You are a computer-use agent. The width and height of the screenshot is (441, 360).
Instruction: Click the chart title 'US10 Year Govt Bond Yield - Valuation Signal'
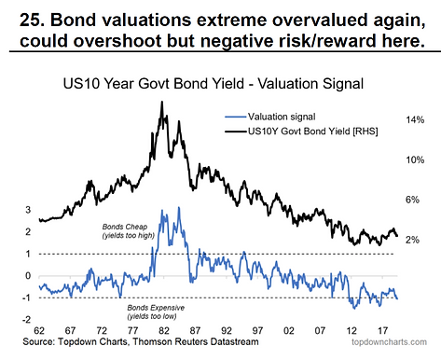pyautogui.click(x=214, y=84)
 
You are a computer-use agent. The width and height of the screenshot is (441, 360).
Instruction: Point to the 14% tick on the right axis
pyautogui.click(x=415, y=119)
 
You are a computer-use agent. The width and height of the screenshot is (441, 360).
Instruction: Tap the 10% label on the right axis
pyautogui.click(x=415, y=159)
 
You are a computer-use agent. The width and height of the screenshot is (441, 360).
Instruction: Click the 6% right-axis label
pyautogui.click(x=412, y=200)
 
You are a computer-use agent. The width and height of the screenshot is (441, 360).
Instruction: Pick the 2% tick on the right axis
pyautogui.click(x=412, y=240)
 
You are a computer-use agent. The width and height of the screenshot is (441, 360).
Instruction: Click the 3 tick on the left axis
pyautogui.click(x=28, y=210)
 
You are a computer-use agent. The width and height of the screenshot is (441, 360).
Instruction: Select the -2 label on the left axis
pyautogui.click(x=26, y=320)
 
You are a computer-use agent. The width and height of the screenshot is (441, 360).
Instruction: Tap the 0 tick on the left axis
pyautogui.click(x=28, y=276)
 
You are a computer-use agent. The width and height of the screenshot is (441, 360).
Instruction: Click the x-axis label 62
pyautogui.click(x=39, y=330)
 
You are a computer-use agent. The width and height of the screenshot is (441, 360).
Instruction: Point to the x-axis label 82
pyautogui.click(x=164, y=330)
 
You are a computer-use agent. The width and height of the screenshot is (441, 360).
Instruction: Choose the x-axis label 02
pyautogui.click(x=289, y=330)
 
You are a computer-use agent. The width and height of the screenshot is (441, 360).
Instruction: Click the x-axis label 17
pyautogui.click(x=382, y=330)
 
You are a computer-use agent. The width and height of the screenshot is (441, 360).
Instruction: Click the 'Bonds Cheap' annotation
pyautogui.click(x=125, y=227)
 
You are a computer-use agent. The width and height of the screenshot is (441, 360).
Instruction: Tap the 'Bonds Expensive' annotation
pyautogui.click(x=156, y=308)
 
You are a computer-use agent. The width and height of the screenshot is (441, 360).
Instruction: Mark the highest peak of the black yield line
pyautogui.click(x=161, y=102)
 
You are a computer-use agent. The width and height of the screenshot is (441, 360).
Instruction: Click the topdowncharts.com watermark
pyautogui.click(x=389, y=342)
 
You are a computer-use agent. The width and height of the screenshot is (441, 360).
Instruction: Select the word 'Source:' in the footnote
pyautogui.click(x=39, y=341)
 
